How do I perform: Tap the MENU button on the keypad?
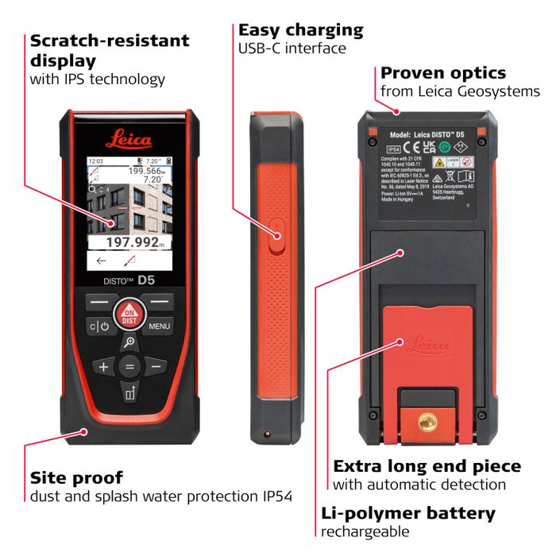point(159,326)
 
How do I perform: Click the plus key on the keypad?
point(102,367)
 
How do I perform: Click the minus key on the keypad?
point(156,367)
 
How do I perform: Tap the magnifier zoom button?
point(129,342)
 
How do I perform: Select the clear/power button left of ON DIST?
point(99,326)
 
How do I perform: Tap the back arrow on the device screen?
point(101,261)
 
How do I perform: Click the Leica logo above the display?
point(129,141)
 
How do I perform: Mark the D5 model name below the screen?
point(146,280)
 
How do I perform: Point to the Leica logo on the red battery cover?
point(427,346)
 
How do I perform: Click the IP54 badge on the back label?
point(392,149)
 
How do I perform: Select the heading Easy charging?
point(300,30)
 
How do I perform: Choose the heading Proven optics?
point(442,73)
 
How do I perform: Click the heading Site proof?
point(76,478)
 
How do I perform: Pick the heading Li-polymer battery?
point(408,513)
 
